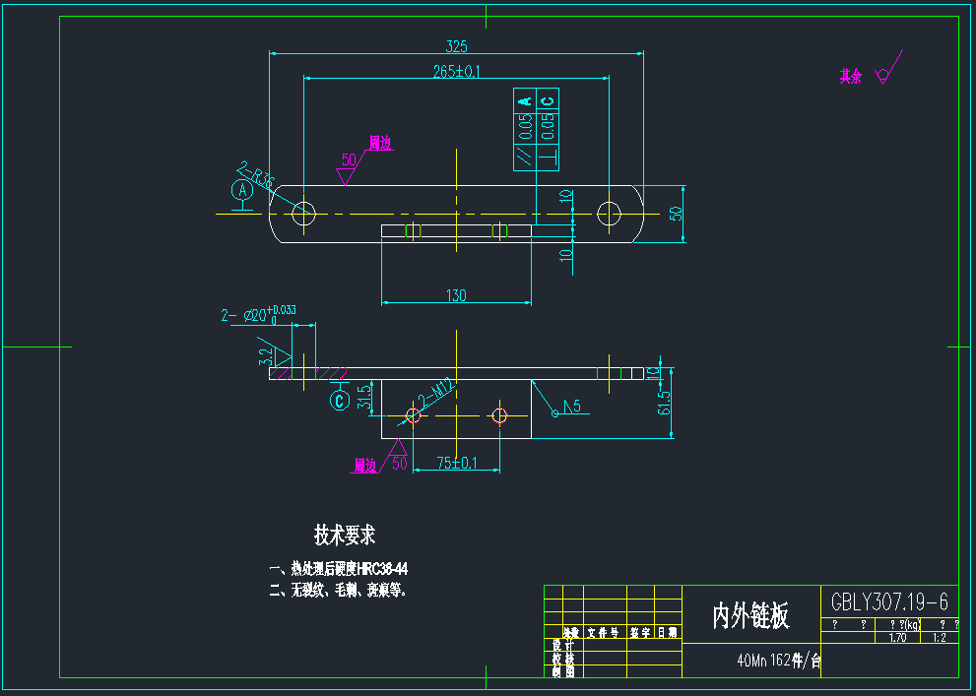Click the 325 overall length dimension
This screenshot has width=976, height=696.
[x=456, y=46]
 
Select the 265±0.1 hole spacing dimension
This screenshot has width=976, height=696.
[x=456, y=71]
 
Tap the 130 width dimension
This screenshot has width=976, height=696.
[x=456, y=295]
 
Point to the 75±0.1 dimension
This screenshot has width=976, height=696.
[x=457, y=463]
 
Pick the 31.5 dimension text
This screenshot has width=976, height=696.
[x=365, y=397]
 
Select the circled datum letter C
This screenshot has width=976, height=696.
[x=340, y=402]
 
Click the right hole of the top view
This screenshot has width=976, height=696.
[x=611, y=212]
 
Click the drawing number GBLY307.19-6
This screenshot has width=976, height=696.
[x=889, y=601]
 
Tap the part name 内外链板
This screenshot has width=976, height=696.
[x=750, y=616]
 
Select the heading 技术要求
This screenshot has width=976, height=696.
[x=345, y=536]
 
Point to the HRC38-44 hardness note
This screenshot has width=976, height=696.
[x=382, y=569]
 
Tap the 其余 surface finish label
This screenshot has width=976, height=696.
[x=850, y=76]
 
